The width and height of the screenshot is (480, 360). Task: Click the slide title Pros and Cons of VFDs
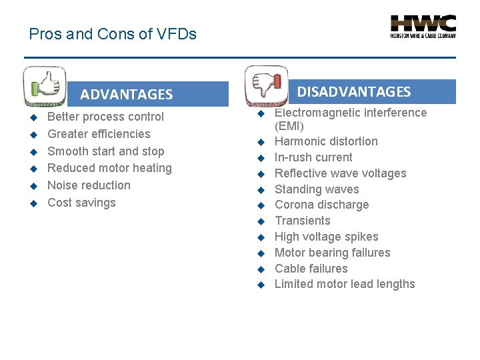113,34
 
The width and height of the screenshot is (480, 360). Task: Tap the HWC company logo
423,27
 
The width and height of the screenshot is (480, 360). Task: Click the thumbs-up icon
44,86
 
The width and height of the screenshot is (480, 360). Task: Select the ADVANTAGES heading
126,95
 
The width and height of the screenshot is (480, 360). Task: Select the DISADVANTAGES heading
353,92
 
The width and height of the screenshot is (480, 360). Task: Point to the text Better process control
105,117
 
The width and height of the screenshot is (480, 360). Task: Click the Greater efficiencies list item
99,134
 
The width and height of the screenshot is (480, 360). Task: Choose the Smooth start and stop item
105,151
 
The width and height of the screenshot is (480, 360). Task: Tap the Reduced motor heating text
109,168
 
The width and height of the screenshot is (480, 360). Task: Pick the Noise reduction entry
89,185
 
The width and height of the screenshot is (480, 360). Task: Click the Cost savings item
81,203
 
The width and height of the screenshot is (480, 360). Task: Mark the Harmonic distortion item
326,141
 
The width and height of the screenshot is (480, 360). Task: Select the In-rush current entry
313,157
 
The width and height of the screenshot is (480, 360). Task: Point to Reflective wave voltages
340,173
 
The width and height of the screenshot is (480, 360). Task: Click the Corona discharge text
321,205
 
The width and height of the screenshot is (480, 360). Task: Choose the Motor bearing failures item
332,253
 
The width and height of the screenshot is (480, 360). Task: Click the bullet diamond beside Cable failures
262,269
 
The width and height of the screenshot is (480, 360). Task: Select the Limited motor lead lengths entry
345,284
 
